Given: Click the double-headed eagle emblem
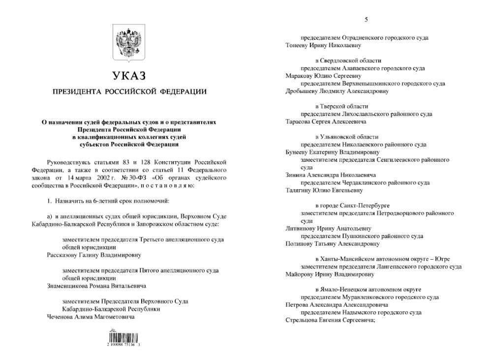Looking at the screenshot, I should [x=129, y=44].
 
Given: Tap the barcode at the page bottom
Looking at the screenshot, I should [x=125, y=340].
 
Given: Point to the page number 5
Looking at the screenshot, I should [x=366, y=20].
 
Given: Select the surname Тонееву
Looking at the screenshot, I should [x=298, y=45].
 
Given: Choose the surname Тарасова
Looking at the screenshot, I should [x=300, y=121].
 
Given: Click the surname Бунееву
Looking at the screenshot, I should [x=299, y=152].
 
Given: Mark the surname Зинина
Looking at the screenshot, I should [x=297, y=175].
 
